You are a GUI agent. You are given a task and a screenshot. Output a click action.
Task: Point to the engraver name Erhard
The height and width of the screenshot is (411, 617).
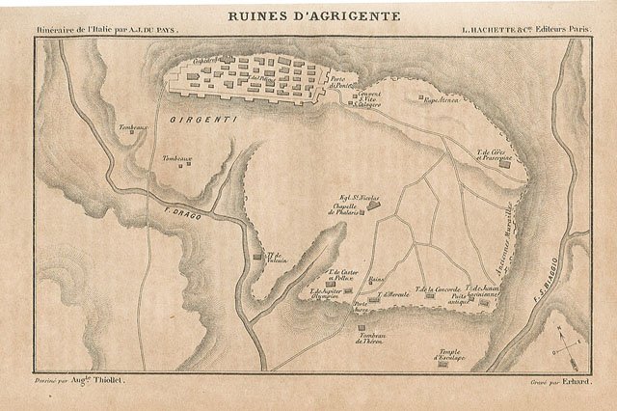pos(574,384)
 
